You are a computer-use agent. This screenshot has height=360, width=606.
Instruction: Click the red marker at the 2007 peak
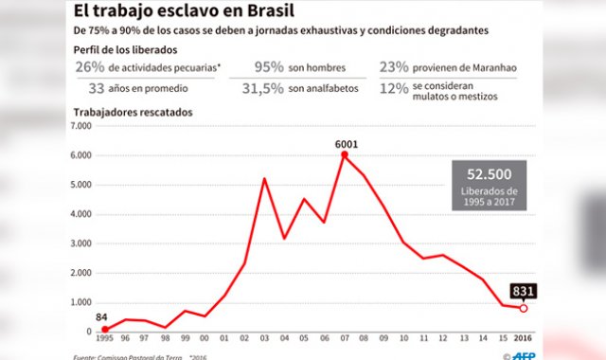(344, 154)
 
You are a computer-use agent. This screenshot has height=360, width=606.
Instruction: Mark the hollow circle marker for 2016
(523, 308)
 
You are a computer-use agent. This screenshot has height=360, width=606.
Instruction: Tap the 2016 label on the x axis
(523, 339)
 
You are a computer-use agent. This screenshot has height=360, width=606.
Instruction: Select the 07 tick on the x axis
(344, 339)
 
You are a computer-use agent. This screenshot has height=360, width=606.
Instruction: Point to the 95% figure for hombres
(269, 68)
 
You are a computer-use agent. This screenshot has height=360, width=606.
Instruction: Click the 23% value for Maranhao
(393, 68)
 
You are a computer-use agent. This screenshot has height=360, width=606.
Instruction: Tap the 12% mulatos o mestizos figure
(393, 88)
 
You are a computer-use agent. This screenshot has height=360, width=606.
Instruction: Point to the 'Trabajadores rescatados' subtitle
(133, 113)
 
